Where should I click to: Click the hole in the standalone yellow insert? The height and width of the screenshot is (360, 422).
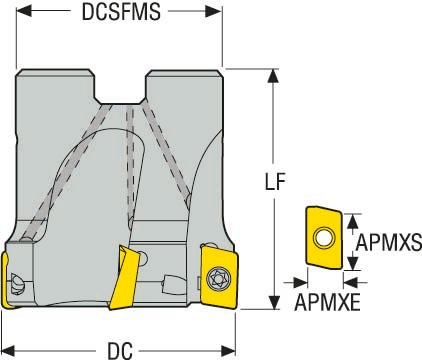(323, 238)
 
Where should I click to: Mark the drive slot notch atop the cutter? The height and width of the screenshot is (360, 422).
(125, 88)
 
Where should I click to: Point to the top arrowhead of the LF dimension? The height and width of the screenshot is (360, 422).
(272, 76)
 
